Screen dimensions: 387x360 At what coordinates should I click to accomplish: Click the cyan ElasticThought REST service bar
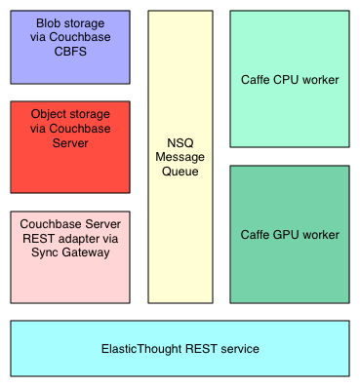point(180,348)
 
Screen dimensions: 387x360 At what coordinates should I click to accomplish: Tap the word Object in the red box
point(50,114)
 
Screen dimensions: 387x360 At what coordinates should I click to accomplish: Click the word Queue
point(180,172)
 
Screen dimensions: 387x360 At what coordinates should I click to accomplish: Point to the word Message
point(180,158)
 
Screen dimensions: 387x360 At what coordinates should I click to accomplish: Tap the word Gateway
point(87,252)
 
